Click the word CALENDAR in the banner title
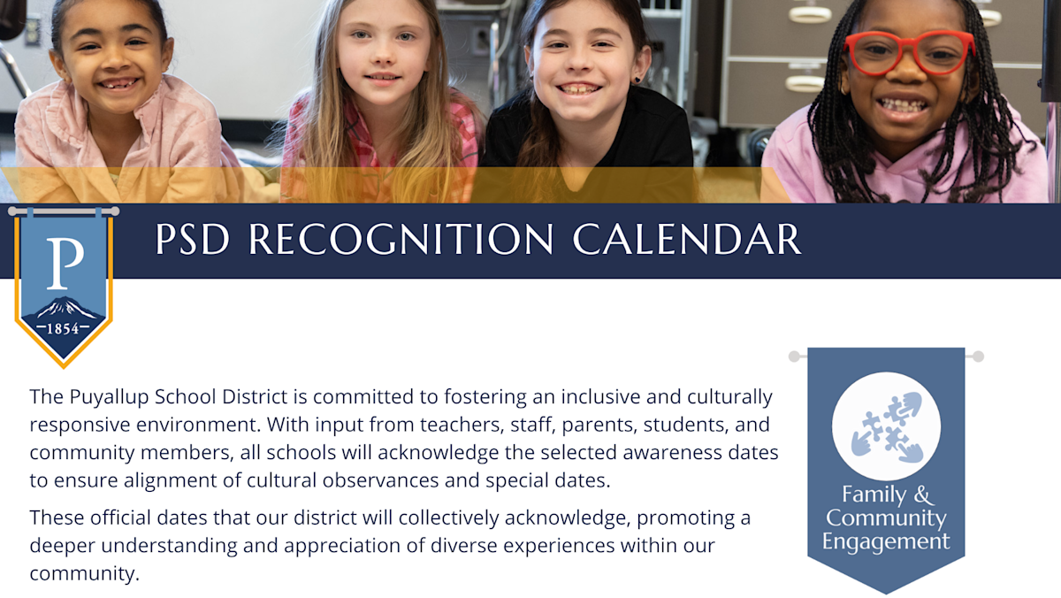coord(687,239)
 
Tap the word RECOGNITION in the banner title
coord(401,239)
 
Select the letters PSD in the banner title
coord(193,239)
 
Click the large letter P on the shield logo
coord(65,263)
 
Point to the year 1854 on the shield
coord(63,328)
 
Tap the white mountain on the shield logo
coord(65,308)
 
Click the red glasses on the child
coord(909,52)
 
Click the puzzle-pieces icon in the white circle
coord(887,427)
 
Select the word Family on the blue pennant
coord(874,494)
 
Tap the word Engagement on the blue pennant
coord(886,541)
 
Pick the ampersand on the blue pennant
coord(924,494)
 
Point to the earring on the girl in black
coord(637,80)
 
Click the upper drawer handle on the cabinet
coord(810,15)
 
